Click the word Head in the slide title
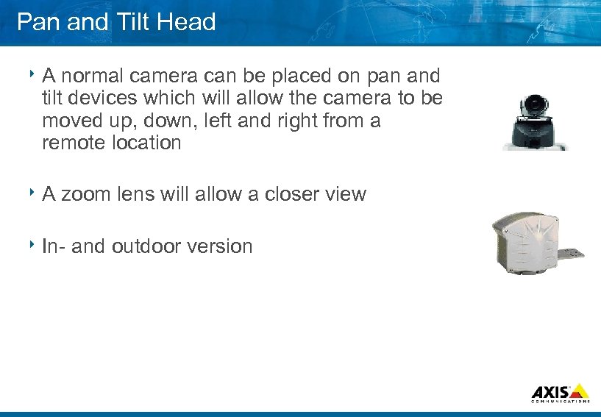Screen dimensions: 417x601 185,22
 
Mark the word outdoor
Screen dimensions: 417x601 148,246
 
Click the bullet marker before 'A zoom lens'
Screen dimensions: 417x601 34,193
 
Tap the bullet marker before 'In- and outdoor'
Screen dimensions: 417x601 34,245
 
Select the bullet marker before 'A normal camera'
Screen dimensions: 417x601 34,74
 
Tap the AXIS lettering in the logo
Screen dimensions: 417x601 550,391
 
